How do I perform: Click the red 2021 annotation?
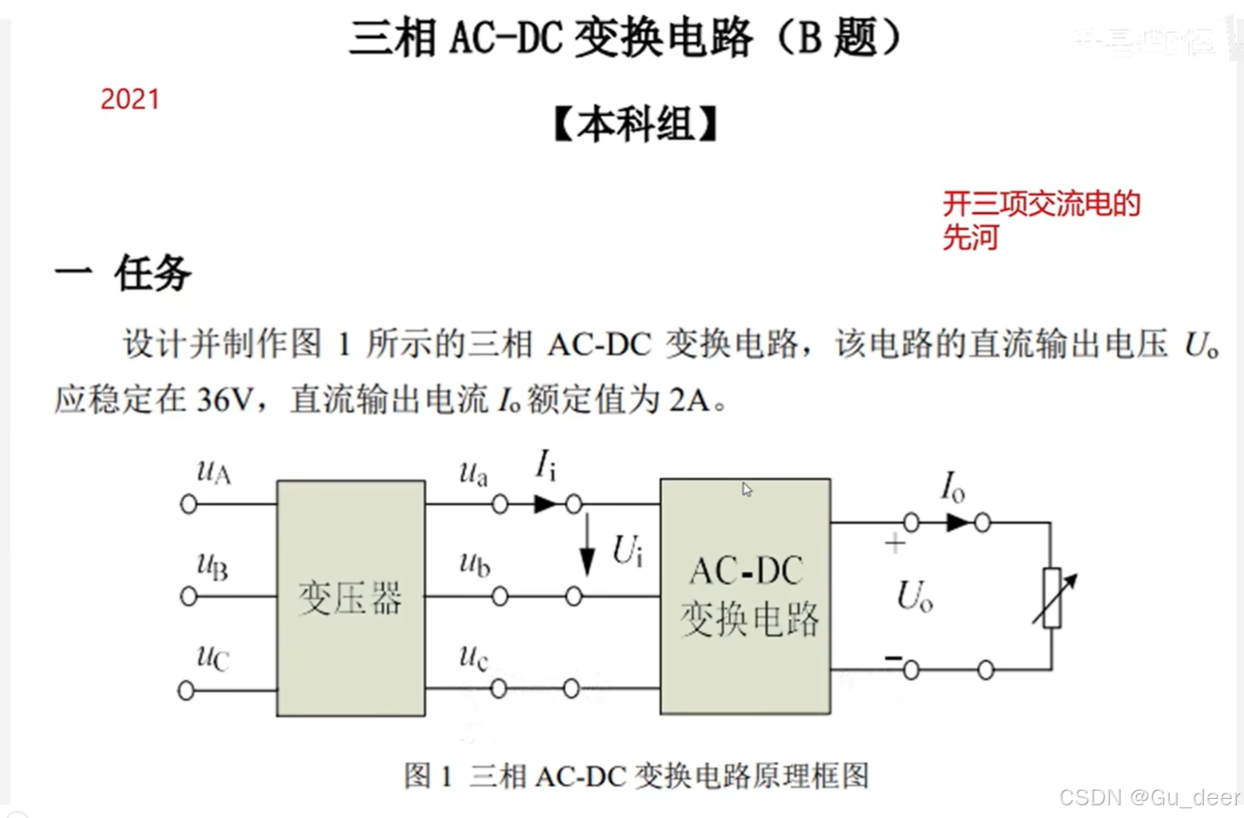[130, 99]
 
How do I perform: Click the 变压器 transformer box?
[350, 598]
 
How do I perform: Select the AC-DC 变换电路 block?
[745, 596]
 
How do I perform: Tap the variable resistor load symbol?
[1053, 597]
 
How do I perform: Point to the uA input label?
[213, 471]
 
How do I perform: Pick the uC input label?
[212, 656]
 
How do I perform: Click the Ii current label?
[544, 466]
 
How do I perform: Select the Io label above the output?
[952, 487]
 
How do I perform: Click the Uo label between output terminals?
[914, 596]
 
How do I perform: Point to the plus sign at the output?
[895, 544]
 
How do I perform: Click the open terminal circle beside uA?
[189, 504]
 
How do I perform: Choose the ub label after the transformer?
[475, 564]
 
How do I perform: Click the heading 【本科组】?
[635, 124]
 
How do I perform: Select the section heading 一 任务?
[123, 272]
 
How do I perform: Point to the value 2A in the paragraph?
[690, 399]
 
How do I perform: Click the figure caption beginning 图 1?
[636, 776]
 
